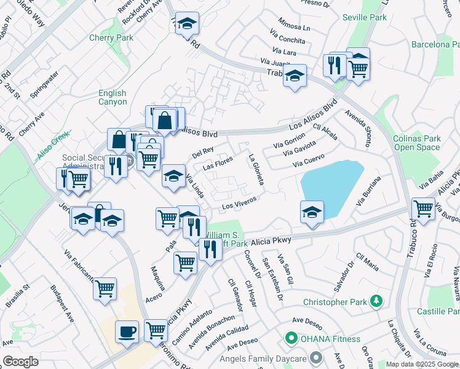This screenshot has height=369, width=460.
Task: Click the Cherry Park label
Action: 111,38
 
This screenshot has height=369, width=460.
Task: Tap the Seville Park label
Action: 365,17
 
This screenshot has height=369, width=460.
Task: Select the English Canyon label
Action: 113,98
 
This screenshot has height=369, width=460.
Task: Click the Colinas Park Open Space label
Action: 417,143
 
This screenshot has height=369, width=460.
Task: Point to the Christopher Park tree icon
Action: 375,302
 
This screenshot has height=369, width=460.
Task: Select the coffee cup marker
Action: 128,331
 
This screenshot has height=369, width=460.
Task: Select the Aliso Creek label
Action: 54,145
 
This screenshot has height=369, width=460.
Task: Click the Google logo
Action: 20,362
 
